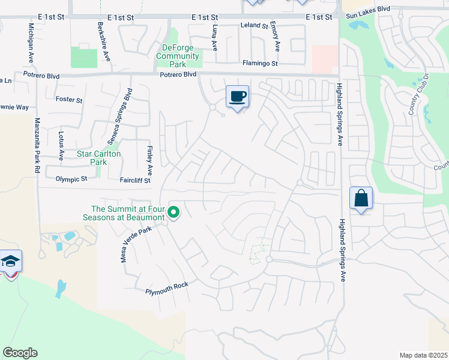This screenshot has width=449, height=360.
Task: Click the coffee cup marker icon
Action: [237, 97]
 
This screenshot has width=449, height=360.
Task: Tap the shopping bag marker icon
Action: [361, 198]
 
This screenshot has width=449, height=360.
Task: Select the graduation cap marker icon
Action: [11, 261]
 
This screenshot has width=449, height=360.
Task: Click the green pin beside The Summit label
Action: [174, 212]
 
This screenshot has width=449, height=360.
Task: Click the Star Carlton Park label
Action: [99, 158]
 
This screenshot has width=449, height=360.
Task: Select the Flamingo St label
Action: [260, 63]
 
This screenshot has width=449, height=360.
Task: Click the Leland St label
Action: [254, 26]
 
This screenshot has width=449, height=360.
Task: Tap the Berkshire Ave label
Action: [104, 42]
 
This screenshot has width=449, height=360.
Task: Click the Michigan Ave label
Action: [30, 43]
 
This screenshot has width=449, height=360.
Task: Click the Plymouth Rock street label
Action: [167, 288]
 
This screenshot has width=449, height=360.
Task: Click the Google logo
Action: [20, 353]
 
